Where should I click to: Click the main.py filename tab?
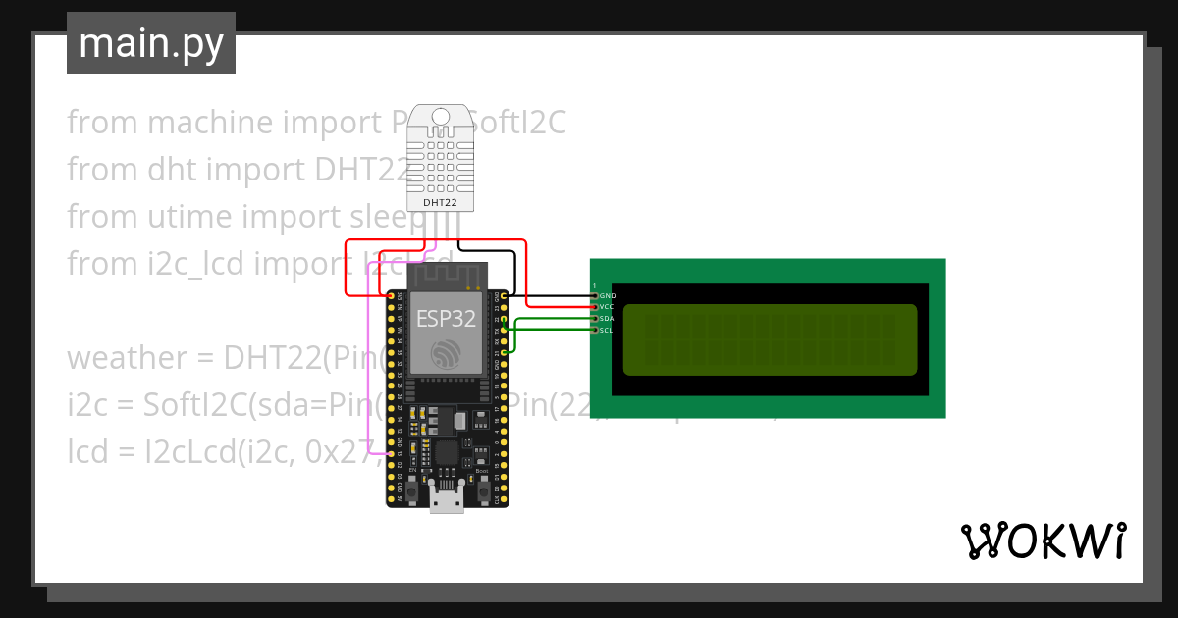(151, 44)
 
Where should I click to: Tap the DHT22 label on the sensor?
(439, 202)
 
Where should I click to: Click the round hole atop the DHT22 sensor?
(439, 117)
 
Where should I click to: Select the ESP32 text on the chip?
(447, 318)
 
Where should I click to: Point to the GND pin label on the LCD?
(608, 295)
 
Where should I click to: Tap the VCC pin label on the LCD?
(607, 307)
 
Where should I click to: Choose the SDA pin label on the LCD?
(607, 319)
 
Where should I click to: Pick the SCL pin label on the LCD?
(607, 331)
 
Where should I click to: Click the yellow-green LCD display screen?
(770, 339)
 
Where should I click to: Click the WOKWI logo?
(1043, 541)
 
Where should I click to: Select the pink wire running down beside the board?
(367, 373)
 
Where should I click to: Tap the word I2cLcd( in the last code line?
(169, 452)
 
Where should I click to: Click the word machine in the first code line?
(208, 123)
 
